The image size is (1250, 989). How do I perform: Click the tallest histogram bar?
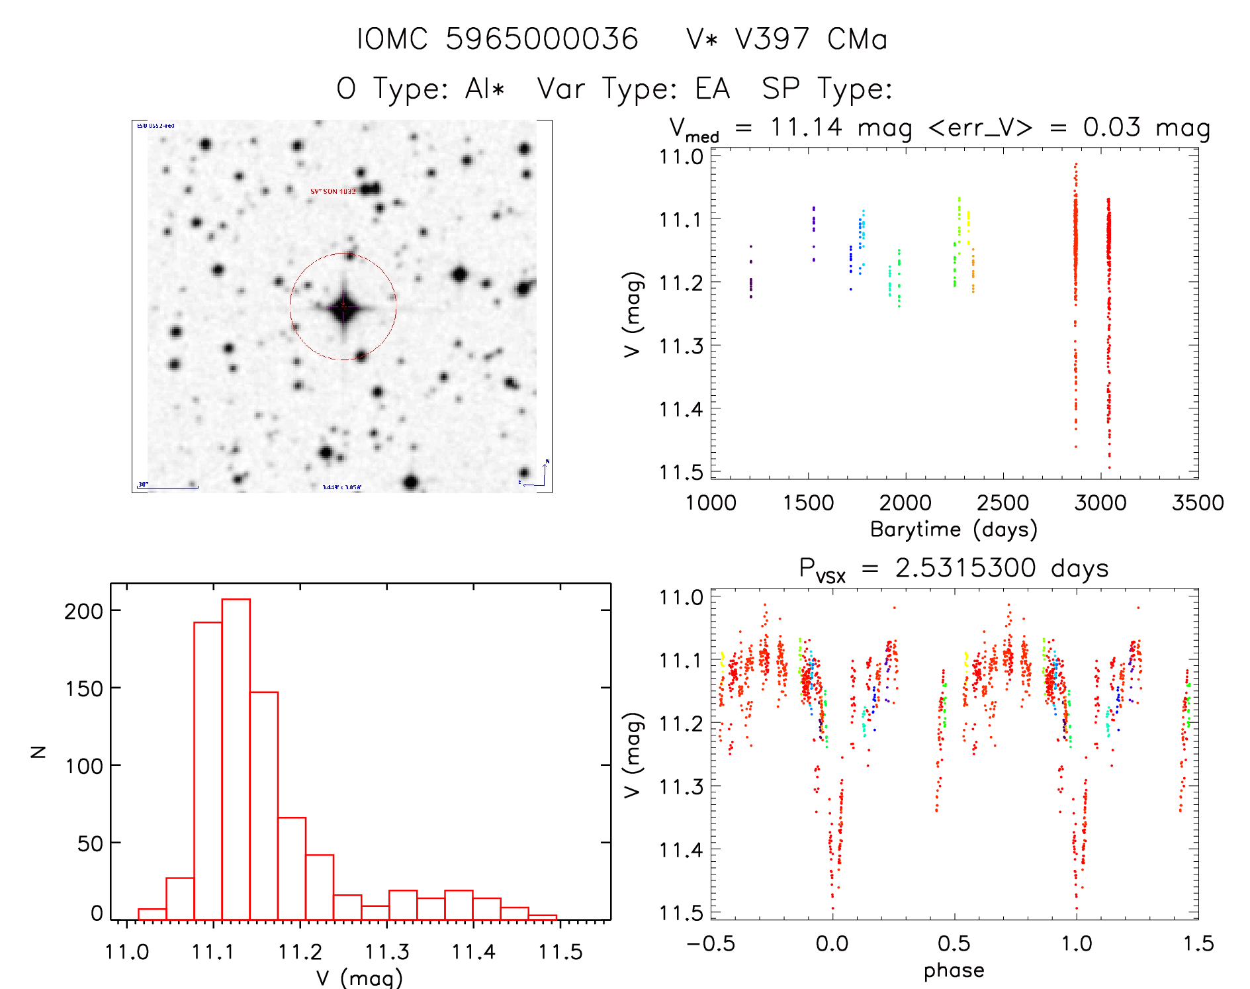tap(236, 759)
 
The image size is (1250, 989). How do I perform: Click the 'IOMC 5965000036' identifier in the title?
tap(497, 39)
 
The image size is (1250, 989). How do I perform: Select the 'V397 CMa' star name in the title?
tap(787, 39)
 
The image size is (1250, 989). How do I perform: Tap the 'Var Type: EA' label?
tap(633, 89)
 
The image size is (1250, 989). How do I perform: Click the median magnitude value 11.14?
tap(805, 126)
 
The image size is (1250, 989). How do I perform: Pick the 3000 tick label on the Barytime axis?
tap(1100, 503)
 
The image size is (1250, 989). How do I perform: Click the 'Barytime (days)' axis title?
tap(954, 529)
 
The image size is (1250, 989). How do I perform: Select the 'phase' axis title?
tap(954, 970)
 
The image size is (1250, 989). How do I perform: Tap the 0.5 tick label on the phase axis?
tap(954, 943)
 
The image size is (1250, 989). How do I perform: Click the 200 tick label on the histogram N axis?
tap(83, 610)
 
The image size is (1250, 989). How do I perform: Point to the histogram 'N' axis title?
tap(39, 751)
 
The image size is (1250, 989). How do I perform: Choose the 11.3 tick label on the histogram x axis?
tap(386, 952)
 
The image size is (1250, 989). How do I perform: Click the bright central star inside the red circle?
tap(343, 307)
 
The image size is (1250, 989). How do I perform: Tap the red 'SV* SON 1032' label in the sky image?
tap(333, 191)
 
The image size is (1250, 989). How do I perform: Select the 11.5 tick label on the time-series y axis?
tap(681, 472)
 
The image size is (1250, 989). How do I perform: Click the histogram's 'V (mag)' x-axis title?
tap(359, 978)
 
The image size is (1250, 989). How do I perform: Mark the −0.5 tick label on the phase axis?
tap(711, 943)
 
